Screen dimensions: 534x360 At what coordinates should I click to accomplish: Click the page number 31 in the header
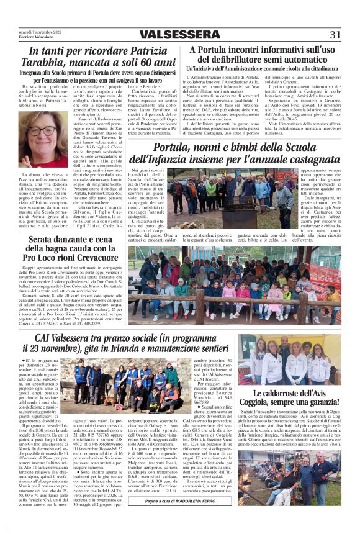tap(335, 35)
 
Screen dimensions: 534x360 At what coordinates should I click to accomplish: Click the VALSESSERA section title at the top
tap(179, 35)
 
